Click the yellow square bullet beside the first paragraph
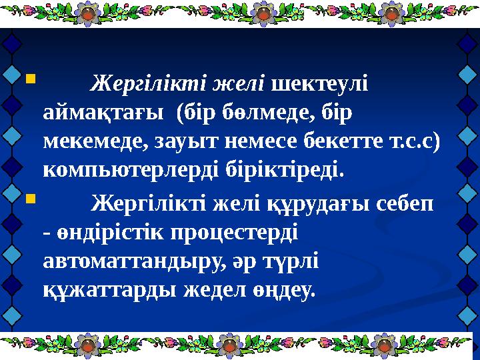[29, 81]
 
